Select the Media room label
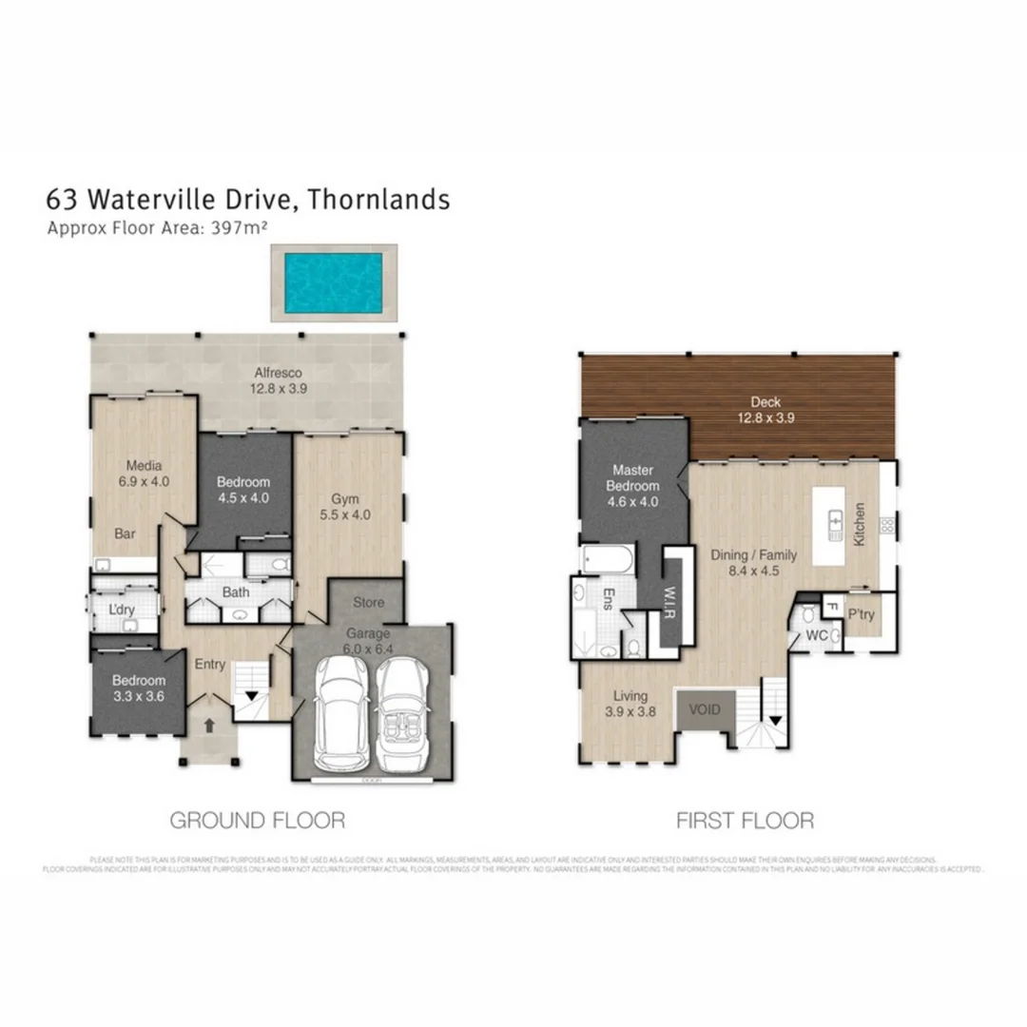[144, 474]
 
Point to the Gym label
[344, 507]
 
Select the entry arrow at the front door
[209, 724]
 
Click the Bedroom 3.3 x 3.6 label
[139, 688]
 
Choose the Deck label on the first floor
[765, 409]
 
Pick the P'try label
[862, 614]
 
